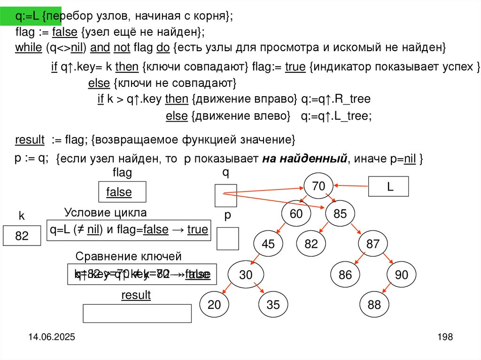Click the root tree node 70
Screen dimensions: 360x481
[x=318, y=186]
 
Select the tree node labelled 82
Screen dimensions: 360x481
[x=311, y=244]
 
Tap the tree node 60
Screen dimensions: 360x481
[x=296, y=214]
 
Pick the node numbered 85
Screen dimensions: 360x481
[x=340, y=214]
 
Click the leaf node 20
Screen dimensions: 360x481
[x=214, y=305]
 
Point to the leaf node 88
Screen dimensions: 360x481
[x=374, y=305]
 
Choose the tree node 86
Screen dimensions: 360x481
[x=345, y=275]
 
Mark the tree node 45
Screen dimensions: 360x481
[x=268, y=244]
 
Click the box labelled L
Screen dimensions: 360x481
[x=389, y=186]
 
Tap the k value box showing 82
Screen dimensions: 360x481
[x=22, y=236]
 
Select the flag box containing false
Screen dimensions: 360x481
[x=122, y=192]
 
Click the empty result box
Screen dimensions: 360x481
[x=137, y=313]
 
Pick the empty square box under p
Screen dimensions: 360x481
[x=228, y=238]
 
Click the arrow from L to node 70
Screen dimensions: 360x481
[x=350, y=185]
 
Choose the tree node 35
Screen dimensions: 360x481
[x=273, y=305]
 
